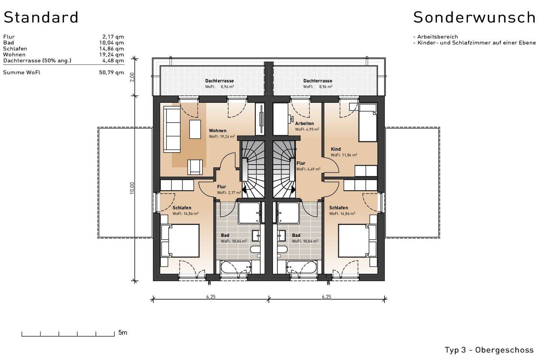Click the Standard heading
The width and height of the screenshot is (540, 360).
[x=41, y=17]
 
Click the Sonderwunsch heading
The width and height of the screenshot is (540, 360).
[x=474, y=17]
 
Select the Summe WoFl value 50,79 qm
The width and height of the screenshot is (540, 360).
[x=111, y=72]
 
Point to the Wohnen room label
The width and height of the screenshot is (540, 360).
[x=217, y=131]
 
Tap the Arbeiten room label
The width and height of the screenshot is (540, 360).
[x=304, y=123]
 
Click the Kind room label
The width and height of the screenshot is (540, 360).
[x=336, y=149]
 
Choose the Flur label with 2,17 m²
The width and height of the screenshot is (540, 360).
[x=222, y=187]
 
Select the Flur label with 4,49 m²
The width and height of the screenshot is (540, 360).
[x=301, y=163]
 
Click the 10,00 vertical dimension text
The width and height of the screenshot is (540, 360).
[x=132, y=188]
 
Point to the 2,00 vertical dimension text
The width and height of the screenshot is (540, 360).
[x=132, y=77]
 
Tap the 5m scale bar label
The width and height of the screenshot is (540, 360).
[x=123, y=333]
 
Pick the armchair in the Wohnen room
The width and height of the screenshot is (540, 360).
[x=195, y=167]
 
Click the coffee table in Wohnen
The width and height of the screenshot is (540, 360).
[x=195, y=129]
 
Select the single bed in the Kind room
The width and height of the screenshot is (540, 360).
[x=367, y=123]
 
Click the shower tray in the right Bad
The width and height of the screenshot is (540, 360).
[x=288, y=213]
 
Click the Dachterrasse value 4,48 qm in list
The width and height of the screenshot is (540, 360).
[x=113, y=60]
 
